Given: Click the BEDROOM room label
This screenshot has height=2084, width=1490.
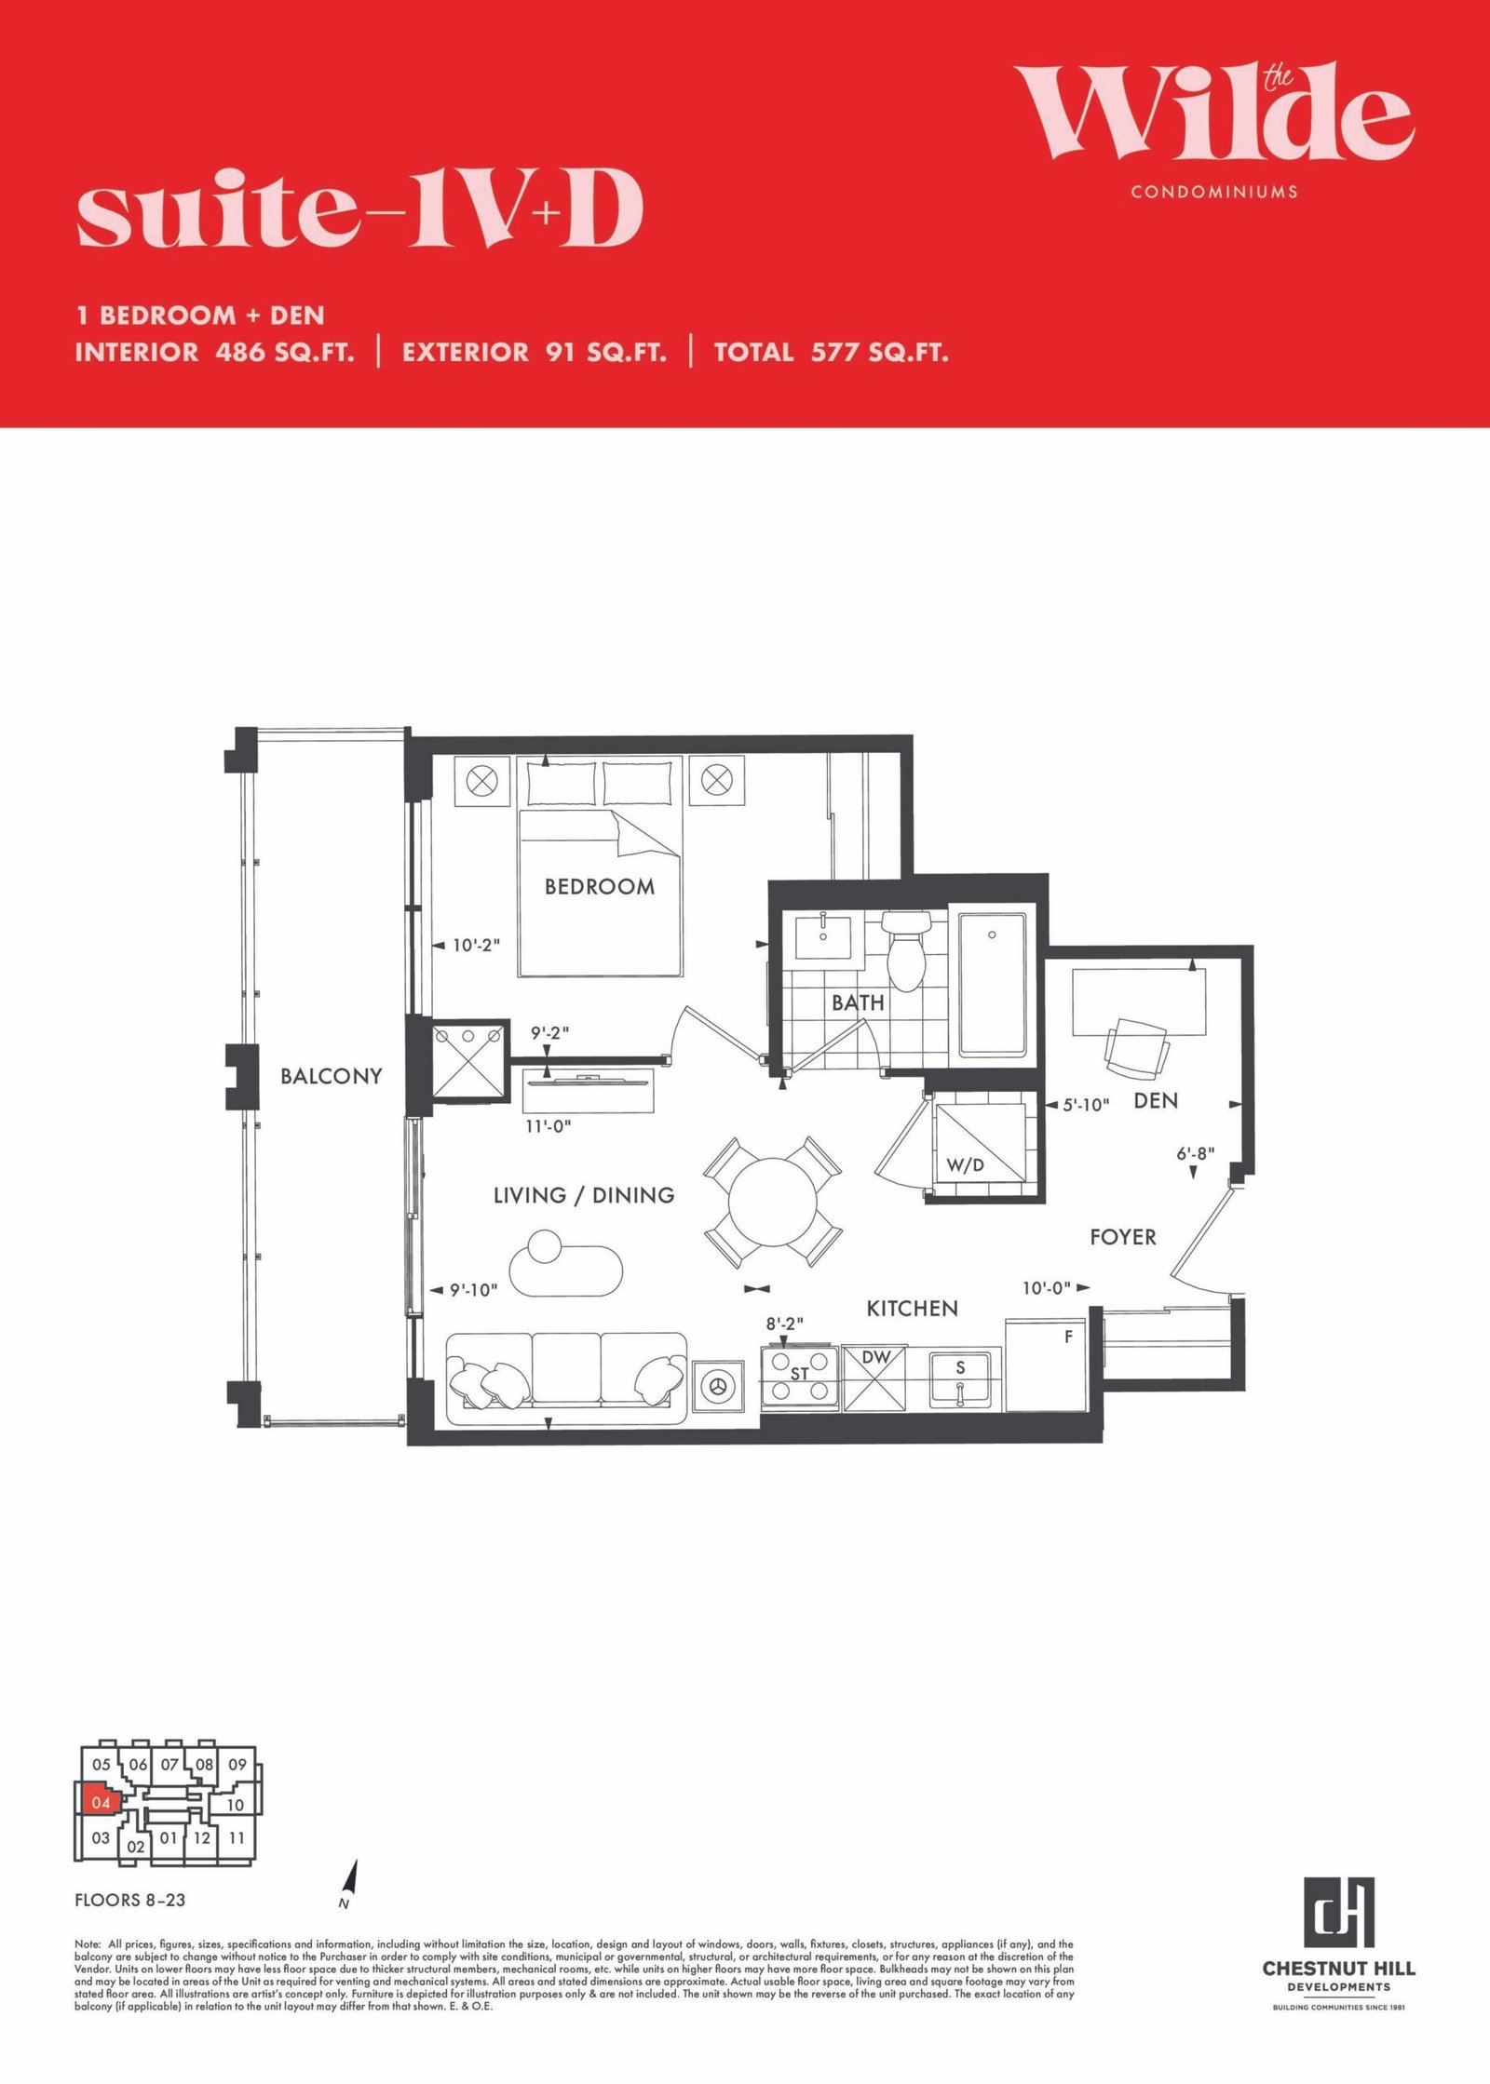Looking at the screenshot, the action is [600, 887].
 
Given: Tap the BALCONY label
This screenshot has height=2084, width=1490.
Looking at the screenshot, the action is [332, 1076].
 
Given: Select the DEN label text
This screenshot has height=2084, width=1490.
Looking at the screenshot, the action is [1156, 1100].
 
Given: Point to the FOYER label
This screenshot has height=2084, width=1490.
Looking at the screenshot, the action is [1123, 1237].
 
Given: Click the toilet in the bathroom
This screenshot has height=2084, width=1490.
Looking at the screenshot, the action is [906, 949].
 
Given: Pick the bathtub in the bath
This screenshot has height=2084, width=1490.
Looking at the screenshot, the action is [993, 985].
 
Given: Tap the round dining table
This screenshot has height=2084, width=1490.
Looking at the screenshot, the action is [772, 1202].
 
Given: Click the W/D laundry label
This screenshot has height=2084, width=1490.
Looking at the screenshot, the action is [965, 1165].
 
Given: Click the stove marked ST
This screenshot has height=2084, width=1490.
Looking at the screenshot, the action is [799, 1376].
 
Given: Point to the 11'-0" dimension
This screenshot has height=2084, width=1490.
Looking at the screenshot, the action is [549, 1126].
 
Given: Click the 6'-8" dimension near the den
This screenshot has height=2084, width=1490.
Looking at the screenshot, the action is [1196, 1154].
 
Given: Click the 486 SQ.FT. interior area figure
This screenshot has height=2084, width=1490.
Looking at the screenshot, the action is [285, 352].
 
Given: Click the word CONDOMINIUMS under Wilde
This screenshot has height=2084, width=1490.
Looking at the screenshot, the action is [1214, 192].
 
